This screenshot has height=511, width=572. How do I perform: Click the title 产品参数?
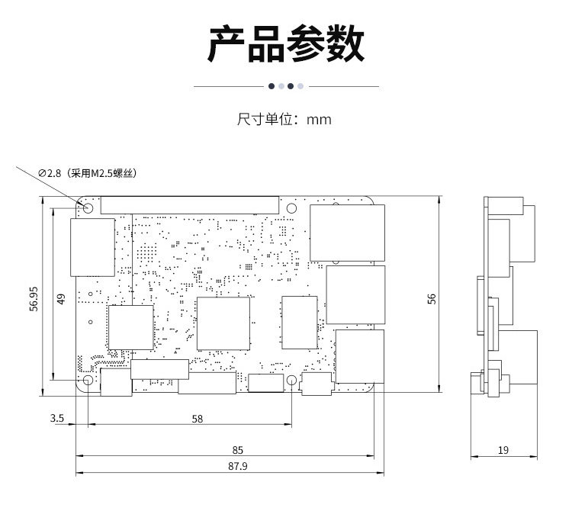tap(286, 43)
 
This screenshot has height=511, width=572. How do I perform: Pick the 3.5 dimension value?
tap(56, 418)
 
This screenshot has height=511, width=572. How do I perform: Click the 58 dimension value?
tap(198, 418)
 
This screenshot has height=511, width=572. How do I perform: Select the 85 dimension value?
tap(238, 450)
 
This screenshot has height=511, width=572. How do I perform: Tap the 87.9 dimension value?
tap(238, 467)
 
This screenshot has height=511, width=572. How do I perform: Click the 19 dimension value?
tap(503, 450)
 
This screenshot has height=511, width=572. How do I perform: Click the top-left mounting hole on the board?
tap(88, 207)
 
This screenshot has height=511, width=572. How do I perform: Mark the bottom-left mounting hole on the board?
tap(88, 381)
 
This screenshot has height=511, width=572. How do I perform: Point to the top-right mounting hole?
tap(292, 207)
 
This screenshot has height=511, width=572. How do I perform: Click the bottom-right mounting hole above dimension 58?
tap(292, 381)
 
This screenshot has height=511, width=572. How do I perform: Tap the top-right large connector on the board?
tap(347, 232)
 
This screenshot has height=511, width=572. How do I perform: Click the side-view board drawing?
tap(503, 297)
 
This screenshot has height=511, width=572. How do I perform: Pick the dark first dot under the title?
tap(271, 86)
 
